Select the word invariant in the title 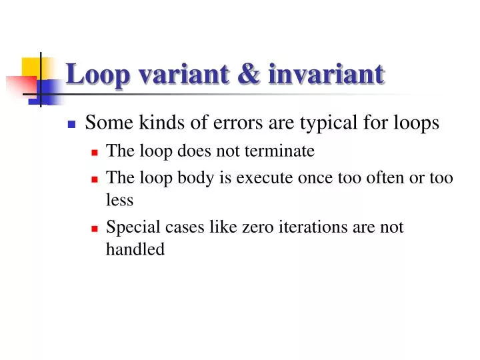326,74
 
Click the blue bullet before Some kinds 72,124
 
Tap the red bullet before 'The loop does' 95,152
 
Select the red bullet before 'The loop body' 95,179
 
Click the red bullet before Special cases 95,228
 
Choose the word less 120,200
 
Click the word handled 135,249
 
